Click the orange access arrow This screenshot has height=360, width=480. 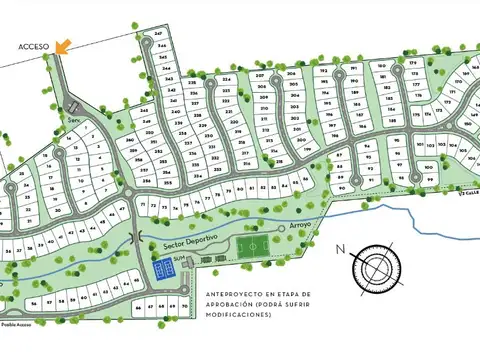(x=63, y=44)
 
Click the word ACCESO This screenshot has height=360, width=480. (x=31, y=46)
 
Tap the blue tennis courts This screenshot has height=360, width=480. (x=162, y=269)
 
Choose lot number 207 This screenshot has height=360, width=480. (x=260, y=76)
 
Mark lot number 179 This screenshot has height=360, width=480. (x=412, y=63)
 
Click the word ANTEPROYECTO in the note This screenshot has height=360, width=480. (x=226, y=293)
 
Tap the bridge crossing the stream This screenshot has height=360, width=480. (x=135, y=238)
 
